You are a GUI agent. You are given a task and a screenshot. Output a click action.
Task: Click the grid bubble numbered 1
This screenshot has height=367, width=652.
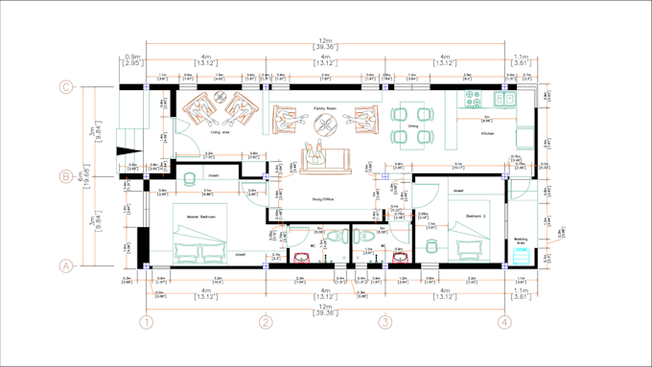click(147, 324)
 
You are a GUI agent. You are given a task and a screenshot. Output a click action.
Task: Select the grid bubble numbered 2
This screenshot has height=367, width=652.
click(266, 324)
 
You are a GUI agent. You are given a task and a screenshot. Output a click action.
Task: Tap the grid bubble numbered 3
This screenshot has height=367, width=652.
click(384, 324)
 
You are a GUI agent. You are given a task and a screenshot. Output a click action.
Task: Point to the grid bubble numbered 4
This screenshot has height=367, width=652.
click(503, 324)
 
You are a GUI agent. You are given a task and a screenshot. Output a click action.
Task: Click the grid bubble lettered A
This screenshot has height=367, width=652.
click(66, 265)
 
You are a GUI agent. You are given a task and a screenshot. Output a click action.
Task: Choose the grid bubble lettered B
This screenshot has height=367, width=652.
click(66, 176)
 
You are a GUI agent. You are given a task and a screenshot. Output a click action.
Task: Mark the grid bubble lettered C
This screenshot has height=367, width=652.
click(66, 87)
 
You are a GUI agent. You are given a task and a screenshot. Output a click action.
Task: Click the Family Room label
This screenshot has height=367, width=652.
click(325, 109)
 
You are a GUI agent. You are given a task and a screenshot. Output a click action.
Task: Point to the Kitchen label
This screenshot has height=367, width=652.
click(488, 132)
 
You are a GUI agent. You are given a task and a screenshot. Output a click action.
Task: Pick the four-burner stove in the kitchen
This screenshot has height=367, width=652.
click(473, 97)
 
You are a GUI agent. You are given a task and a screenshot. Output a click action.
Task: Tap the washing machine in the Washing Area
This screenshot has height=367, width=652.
click(520, 256)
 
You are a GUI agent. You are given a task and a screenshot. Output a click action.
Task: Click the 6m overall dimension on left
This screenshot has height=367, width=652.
click(86, 176)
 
